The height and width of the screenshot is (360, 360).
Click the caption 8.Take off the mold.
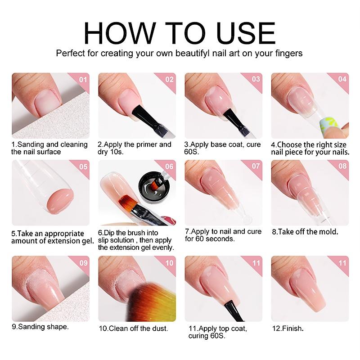tap(305, 232)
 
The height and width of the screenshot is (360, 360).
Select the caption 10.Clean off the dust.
tap(133, 328)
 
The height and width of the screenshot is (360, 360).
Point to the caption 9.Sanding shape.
tap(40, 326)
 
